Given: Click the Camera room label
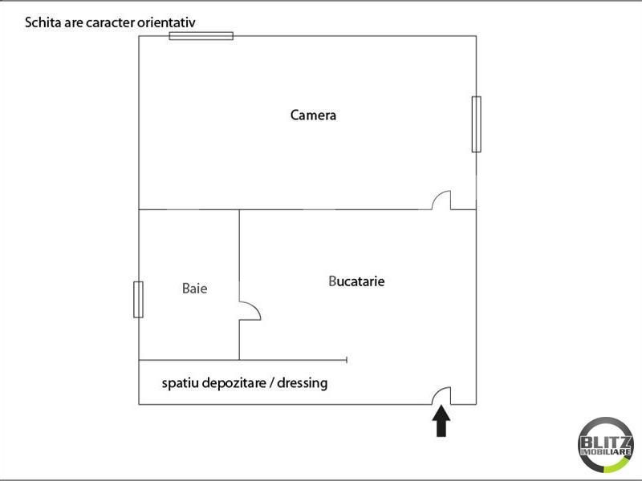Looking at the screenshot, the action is coord(313,115).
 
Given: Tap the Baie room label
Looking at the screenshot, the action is coord(194,289).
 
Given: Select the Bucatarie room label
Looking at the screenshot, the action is coord(356,281).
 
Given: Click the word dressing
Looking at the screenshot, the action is coord(303,383).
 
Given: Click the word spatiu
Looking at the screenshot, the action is coord(180,383).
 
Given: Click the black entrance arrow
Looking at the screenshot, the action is coord(441,422).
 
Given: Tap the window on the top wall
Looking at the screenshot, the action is coord(201,36).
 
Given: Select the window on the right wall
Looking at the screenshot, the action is coord(476,124).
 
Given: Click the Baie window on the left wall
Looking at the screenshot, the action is coord(138,299).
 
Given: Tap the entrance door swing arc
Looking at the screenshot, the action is coord(437,393).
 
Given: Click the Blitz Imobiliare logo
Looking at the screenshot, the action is coord(605,445).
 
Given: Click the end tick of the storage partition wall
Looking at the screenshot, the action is coord(347,360).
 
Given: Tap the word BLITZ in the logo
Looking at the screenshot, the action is coord(605,443).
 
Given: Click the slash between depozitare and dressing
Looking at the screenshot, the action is coord(271,384).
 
